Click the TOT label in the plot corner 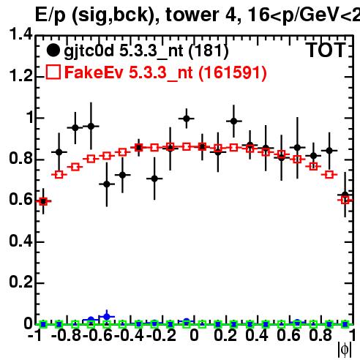click(x=326, y=50)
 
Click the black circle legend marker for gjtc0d click(x=53, y=50)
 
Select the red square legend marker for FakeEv click(x=53, y=72)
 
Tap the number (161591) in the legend click(x=233, y=72)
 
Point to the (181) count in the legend click(x=209, y=51)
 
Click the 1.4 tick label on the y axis click(x=20, y=34)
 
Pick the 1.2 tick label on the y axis click(x=20, y=76)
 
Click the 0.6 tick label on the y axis click(x=20, y=200)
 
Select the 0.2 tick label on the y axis click(x=20, y=282)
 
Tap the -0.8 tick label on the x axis click(x=66, y=336)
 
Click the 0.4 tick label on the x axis click(x=257, y=336)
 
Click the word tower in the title click(x=192, y=15)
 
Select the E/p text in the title click(x=50, y=15)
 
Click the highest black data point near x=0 click(x=187, y=119)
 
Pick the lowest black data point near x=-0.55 click(x=107, y=184)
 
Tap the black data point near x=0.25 click(x=233, y=121)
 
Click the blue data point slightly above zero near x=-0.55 click(x=107, y=317)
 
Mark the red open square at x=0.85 click(x=329, y=175)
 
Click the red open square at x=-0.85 click(x=59, y=175)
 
